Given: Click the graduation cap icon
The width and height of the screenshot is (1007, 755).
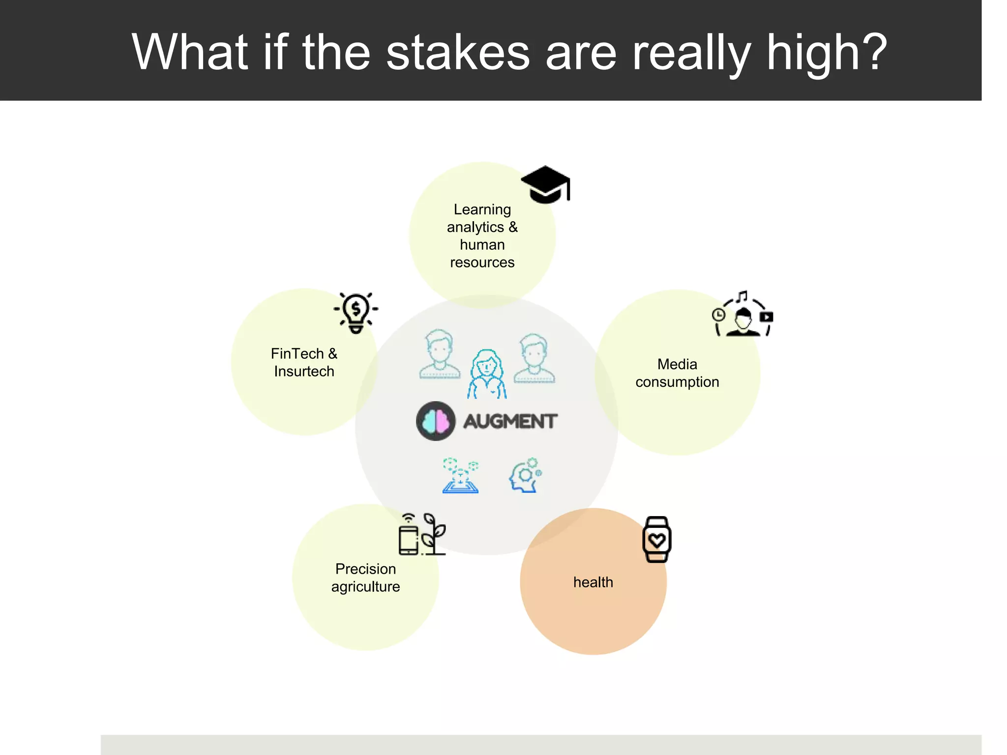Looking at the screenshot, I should (x=545, y=184).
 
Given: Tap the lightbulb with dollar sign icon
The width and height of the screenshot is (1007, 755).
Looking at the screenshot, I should (x=356, y=313).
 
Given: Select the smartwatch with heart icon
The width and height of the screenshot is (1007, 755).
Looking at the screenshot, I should (x=657, y=539).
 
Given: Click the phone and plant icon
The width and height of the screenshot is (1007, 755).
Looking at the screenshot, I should (x=422, y=534).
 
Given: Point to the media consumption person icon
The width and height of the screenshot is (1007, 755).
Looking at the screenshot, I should (x=743, y=315).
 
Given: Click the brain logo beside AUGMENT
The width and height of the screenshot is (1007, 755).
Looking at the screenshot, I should (x=436, y=421).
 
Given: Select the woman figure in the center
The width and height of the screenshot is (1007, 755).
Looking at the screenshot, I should (x=487, y=374).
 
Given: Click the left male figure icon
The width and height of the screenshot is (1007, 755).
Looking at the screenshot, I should (x=440, y=354).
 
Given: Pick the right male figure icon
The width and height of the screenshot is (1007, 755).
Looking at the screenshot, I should (x=534, y=358).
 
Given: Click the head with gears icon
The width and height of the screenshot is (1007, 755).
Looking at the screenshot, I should (x=525, y=475).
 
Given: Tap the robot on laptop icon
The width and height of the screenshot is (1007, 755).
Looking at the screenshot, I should (x=460, y=475).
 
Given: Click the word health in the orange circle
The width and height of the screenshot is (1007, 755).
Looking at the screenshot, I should (x=593, y=582).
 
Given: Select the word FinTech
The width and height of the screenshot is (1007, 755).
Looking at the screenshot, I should (x=297, y=353).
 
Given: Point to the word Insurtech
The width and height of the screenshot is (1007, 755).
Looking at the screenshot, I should (x=304, y=372).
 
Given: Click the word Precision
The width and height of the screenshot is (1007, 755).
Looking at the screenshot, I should (x=365, y=569).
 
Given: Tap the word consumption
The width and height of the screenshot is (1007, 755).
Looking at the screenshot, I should (x=677, y=382).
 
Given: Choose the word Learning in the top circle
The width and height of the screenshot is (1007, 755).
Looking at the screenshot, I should (x=482, y=209).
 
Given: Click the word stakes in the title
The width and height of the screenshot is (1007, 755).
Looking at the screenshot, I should (x=458, y=52).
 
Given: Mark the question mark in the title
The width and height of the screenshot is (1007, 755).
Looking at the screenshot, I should (x=873, y=52).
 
